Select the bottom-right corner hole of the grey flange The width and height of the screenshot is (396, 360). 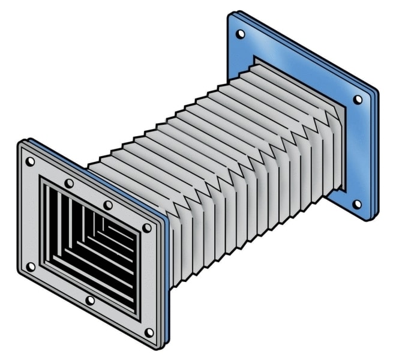point(149,332)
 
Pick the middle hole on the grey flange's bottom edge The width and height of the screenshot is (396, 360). point(90,300)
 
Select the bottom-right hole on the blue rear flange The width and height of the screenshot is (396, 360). point(358,204)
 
